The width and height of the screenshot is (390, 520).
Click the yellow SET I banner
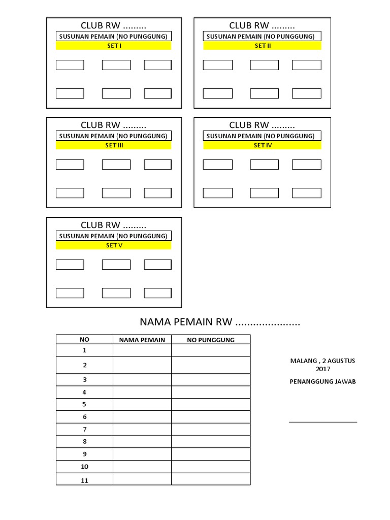coord(113,46)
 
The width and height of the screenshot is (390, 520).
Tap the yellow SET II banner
coord(263,46)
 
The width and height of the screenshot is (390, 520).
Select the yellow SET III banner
coord(113,145)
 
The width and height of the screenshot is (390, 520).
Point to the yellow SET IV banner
coord(263,145)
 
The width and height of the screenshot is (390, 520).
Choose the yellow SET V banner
coord(113,245)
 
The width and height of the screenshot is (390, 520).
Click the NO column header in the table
coord(84,340)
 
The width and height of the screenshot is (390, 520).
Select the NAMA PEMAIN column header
coord(142,340)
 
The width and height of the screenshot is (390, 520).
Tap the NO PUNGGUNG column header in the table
coord(211,340)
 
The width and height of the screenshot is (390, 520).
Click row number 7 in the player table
coord(84,430)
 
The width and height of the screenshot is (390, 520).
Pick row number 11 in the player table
coord(84,480)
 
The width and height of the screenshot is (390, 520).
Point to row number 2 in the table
coord(84,365)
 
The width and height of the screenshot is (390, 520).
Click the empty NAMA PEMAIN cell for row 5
coord(142,405)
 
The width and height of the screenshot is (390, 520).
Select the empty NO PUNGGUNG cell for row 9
coord(211,454)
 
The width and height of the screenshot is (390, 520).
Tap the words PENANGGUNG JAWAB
coord(323,382)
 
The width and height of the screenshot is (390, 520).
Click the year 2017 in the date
coord(323,369)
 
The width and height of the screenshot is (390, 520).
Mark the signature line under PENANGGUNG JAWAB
coord(323,421)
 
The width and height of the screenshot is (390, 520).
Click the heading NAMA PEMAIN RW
coord(220,322)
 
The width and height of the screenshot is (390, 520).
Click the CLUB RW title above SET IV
coord(262,125)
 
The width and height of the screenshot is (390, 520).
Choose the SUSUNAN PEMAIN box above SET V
coord(113,236)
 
